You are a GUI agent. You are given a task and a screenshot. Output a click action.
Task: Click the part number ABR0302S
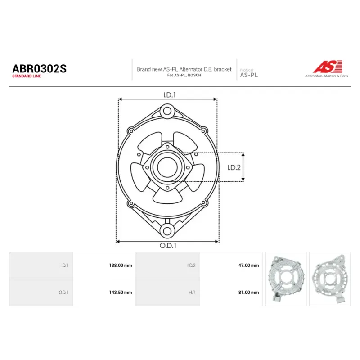[39, 69]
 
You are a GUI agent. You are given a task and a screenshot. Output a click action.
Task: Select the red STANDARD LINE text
[27, 76]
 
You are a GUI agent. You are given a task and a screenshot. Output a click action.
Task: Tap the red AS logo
[328, 67]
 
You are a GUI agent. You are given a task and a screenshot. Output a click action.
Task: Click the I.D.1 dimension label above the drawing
[170, 95]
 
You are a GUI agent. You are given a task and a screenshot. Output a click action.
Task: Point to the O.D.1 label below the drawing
[168, 246]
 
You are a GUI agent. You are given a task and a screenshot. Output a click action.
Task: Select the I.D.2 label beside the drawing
[234, 167]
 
